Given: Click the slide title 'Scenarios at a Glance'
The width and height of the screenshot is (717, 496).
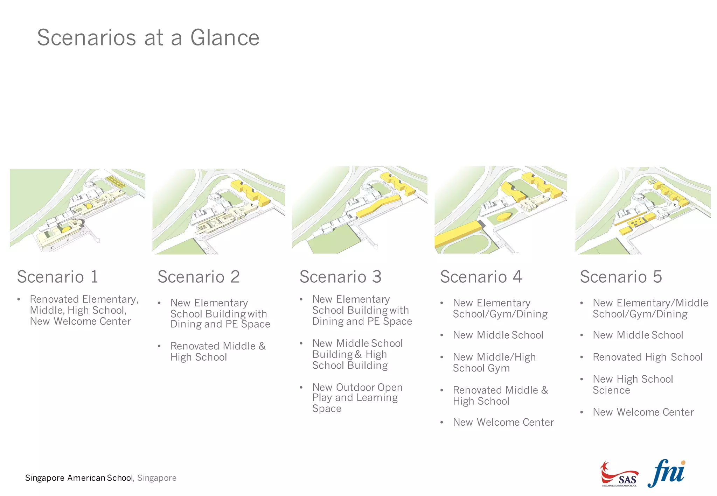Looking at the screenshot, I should click(x=148, y=37).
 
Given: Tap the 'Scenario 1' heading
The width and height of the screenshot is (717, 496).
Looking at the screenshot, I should click(x=58, y=277).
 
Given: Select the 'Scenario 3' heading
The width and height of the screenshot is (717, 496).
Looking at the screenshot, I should click(x=340, y=277).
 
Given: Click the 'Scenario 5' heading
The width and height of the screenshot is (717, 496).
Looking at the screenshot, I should click(x=621, y=277).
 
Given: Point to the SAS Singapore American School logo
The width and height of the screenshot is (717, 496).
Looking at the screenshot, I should click(x=619, y=475).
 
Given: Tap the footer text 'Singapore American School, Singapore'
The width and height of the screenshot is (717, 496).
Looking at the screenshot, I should click(x=101, y=478).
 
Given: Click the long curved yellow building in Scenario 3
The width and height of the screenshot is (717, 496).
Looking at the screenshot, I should click(x=378, y=207).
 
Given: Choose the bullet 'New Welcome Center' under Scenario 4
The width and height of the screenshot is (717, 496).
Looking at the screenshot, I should click(x=503, y=422).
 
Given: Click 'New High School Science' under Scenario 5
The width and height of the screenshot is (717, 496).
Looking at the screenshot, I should click(x=632, y=384).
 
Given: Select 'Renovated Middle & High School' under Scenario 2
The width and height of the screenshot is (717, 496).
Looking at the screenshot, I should click(x=217, y=352).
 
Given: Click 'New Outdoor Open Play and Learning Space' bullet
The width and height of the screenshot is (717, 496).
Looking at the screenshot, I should click(x=357, y=398).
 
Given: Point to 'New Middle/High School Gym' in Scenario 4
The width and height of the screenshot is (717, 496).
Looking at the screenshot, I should click(x=494, y=362).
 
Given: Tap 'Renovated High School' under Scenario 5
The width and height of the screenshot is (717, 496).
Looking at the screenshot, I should click(x=647, y=357).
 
